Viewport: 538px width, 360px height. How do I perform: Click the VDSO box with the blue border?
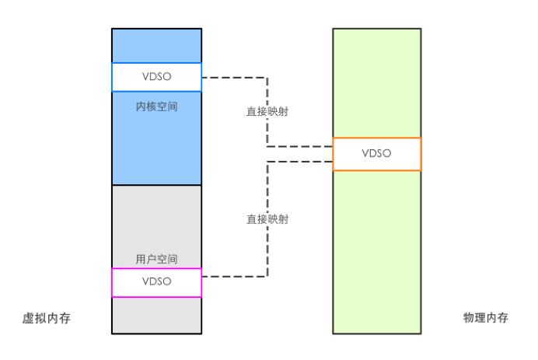click(x=156, y=77)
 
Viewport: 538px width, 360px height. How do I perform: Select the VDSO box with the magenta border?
click(x=156, y=282)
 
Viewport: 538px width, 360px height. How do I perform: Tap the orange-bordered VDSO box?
click(x=377, y=154)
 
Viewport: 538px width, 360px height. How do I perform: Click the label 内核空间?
click(x=156, y=107)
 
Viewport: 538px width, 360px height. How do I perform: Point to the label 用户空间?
click(x=156, y=259)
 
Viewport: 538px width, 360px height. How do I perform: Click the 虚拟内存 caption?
click(x=47, y=318)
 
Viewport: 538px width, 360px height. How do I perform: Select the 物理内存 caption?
click(x=485, y=317)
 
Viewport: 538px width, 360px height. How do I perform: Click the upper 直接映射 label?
click(x=267, y=111)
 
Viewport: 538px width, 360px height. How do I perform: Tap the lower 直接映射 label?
click(x=267, y=219)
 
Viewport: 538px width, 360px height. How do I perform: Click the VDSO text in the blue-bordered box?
click(x=157, y=76)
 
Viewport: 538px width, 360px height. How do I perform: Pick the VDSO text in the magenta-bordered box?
click(x=157, y=281)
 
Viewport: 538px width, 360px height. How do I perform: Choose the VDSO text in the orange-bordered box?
click(x=376, y=153)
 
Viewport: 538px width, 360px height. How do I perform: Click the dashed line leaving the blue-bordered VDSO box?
click(x=234, y=78)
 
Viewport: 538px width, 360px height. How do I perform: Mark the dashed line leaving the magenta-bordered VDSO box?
click(x=234, y=276)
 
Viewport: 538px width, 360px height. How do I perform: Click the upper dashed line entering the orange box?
click(x=300, y=146)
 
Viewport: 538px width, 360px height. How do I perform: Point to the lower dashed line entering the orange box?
click(x=300, y=161)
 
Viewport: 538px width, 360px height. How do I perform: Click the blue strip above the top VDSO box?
click(x=156, y=46)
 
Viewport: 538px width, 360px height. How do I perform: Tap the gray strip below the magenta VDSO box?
click(x=156, y=315)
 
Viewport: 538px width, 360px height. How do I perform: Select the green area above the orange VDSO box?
click(x=377, y=83)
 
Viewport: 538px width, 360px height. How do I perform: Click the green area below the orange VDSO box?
click(x=377, y=252)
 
